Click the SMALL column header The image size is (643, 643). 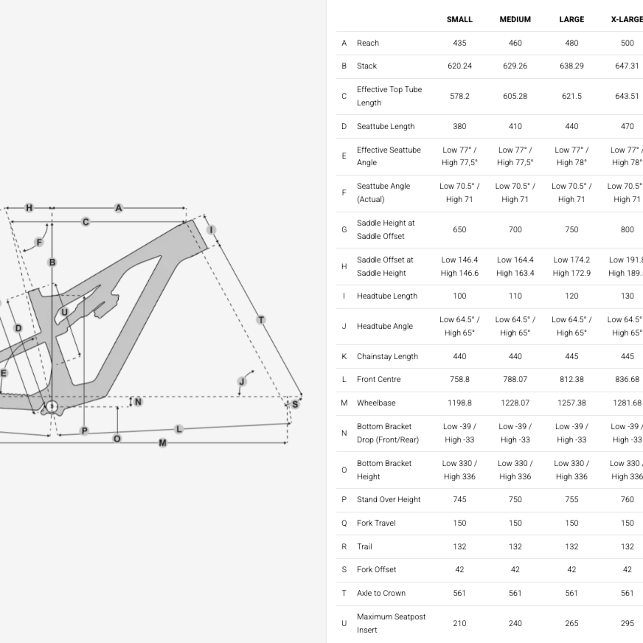coord(459,19)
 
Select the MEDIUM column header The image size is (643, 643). coord(515,19)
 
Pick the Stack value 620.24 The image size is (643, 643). coord(459,66)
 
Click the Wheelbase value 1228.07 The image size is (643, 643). coord(515,403)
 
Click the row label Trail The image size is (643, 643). coord(364,547)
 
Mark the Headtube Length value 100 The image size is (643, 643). coord(459,296)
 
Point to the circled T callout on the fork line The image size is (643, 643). coord(261,320)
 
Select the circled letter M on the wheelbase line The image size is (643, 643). coord(162,443)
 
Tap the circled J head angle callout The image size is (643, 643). coord(242,381)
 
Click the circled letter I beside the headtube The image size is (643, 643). coord(211,230)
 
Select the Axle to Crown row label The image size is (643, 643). coord(381,593)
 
